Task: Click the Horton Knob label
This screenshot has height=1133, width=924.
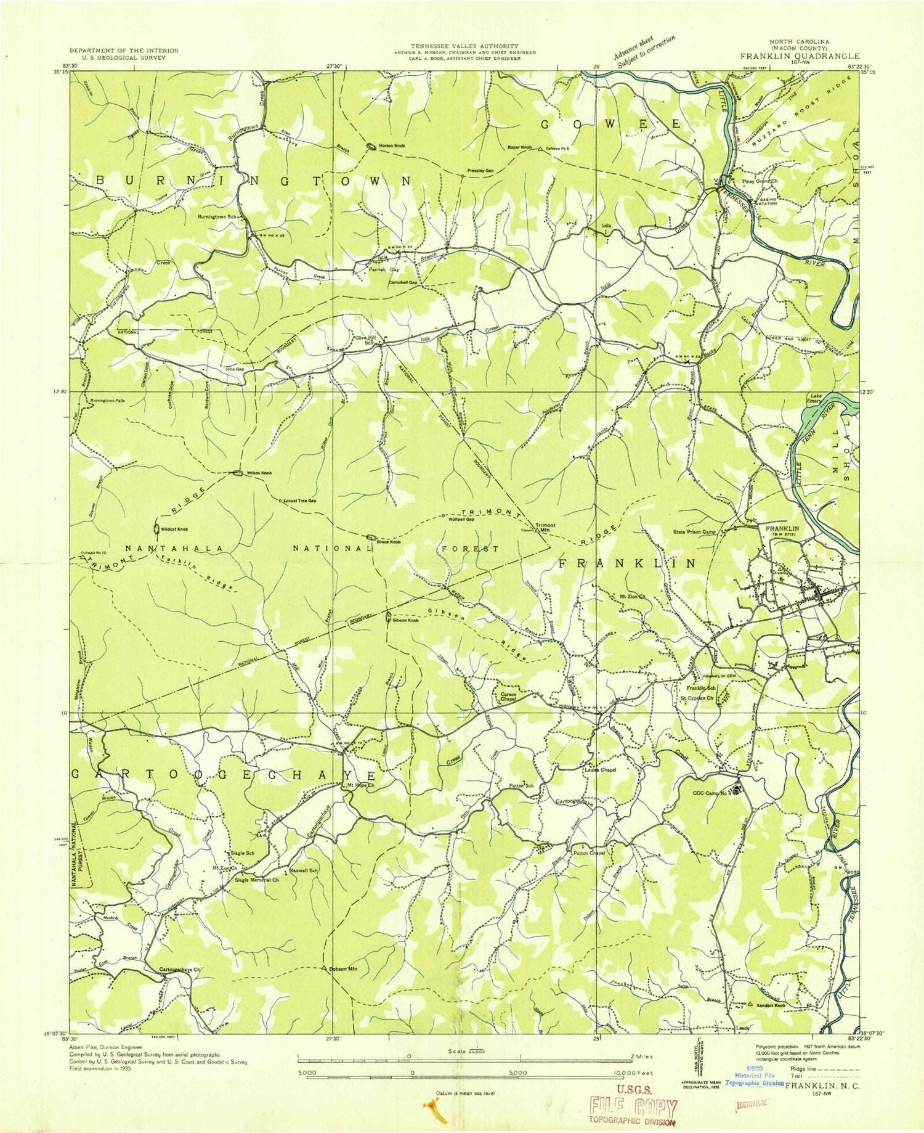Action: (391, 145)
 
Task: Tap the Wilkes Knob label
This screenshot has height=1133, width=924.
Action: (259, 473)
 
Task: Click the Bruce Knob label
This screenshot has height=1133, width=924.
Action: (389, 542)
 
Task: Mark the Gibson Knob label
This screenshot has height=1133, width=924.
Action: (405, 620)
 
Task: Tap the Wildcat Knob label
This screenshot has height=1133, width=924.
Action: (174, 530)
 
